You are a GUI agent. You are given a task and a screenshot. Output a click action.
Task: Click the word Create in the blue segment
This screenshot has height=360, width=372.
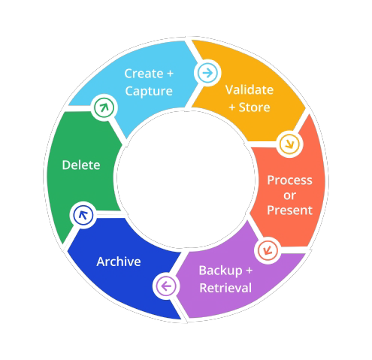(144, 74)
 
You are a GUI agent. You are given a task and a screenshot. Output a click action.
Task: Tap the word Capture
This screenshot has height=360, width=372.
(149, 91)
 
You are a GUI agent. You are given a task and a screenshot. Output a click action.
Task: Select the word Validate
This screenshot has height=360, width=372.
(250, 89)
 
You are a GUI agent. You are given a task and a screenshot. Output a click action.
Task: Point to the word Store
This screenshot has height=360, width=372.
(254, 107)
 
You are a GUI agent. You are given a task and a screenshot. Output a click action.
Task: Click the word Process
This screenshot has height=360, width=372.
(289, 180)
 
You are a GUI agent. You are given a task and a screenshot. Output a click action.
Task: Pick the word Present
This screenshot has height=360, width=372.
(289, 210)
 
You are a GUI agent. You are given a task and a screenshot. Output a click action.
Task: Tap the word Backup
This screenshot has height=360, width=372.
(221, 271)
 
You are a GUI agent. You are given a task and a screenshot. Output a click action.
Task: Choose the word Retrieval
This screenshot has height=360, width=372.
(225, 288)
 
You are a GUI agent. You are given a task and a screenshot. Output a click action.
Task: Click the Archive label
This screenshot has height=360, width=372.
(119, 262)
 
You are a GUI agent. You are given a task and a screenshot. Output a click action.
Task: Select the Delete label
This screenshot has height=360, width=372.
(81, 165)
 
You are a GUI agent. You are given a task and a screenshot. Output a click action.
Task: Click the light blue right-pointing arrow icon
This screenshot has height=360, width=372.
(207, 73)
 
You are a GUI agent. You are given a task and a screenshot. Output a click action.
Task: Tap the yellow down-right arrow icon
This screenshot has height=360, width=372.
(289, 144)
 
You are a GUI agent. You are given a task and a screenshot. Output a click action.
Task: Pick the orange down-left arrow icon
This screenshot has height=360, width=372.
(268, 250)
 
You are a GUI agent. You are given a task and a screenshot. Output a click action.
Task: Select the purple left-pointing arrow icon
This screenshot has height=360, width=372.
(166, 286)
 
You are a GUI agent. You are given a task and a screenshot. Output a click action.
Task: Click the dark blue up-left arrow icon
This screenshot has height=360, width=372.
(83, 215)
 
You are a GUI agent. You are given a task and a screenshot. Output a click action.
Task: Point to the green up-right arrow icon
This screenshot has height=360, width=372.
(104, 107)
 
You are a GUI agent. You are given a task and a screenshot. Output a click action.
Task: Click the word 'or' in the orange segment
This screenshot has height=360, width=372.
(289, 195)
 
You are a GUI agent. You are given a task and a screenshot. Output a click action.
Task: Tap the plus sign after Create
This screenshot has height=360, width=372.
(170, 74)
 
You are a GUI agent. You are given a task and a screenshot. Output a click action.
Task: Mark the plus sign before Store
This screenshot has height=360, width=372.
(232, 107)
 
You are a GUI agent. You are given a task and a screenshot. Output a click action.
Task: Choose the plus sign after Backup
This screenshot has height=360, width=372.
(249, 271)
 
